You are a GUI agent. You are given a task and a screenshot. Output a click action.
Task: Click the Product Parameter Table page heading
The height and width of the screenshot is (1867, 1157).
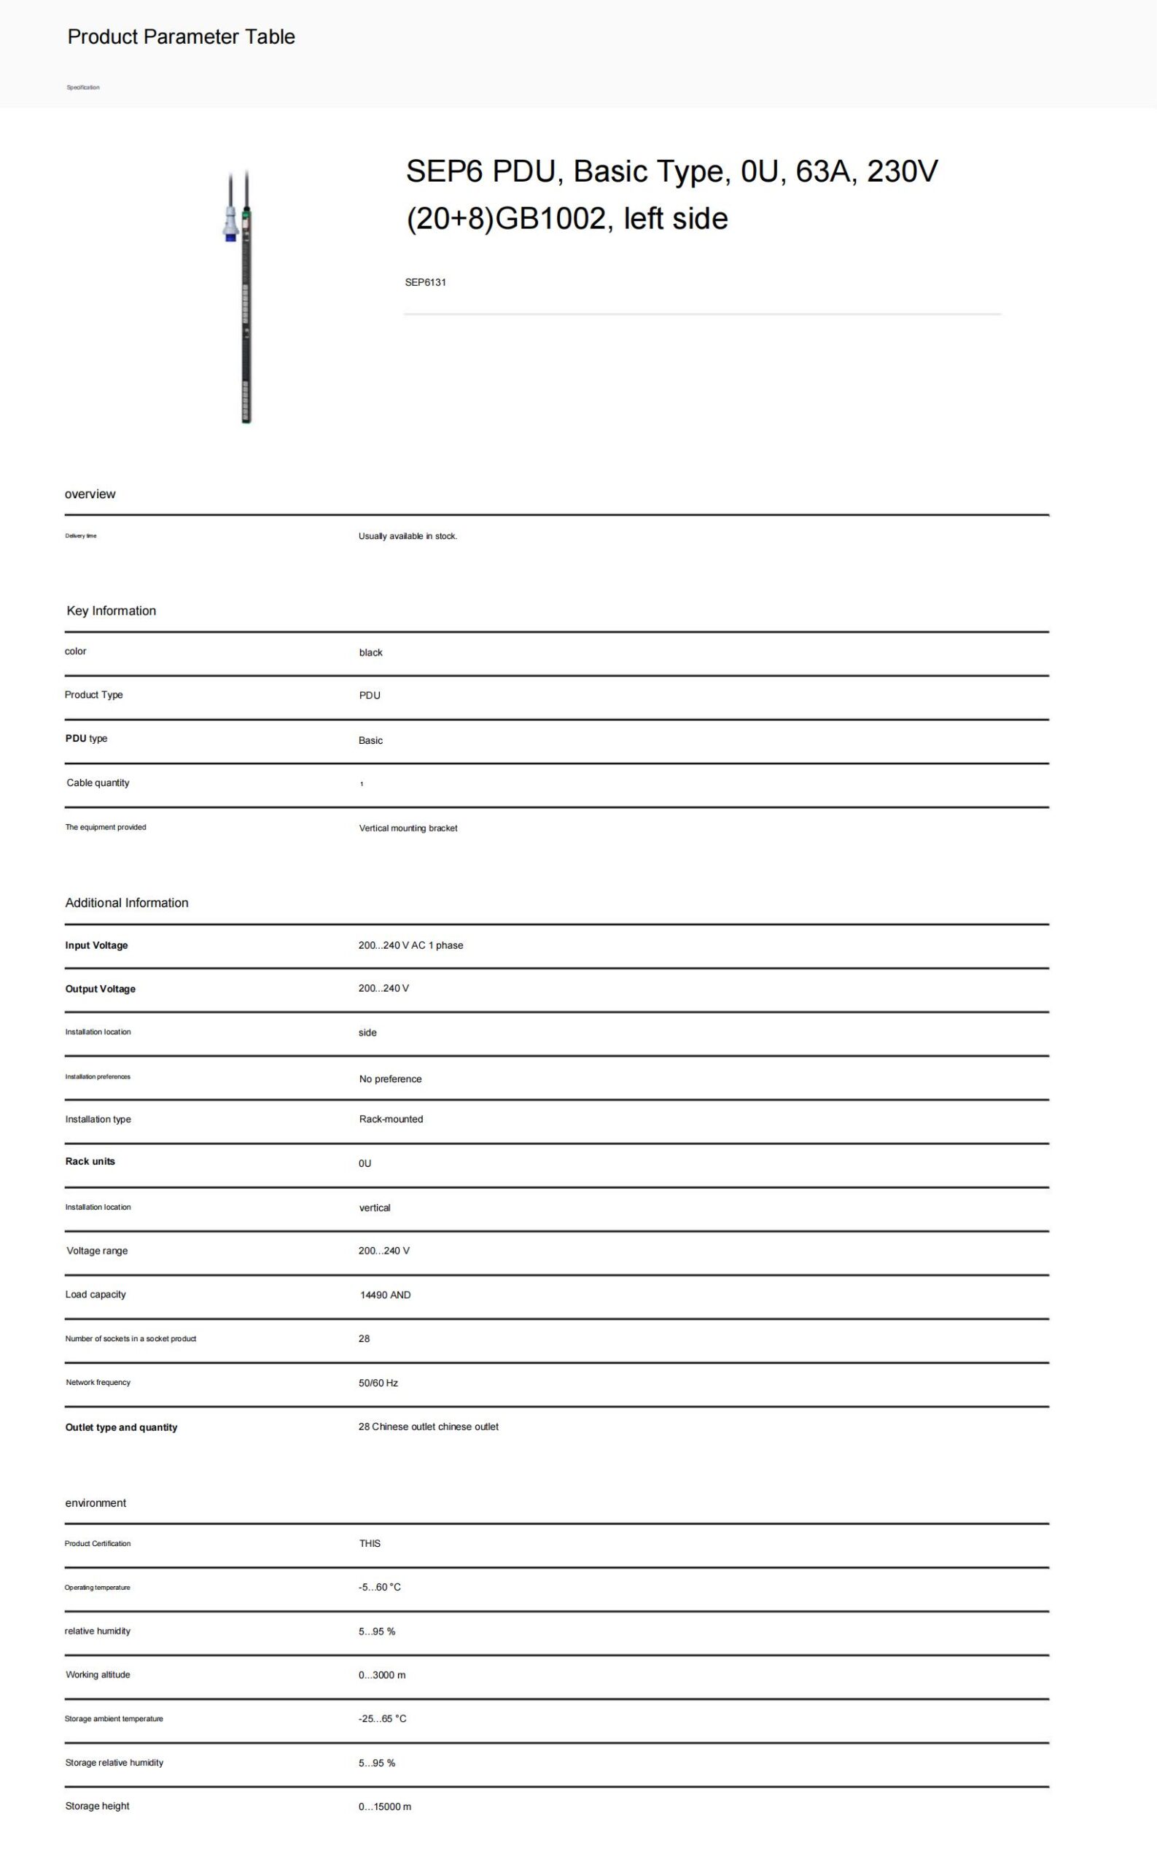click(x=182, y=36)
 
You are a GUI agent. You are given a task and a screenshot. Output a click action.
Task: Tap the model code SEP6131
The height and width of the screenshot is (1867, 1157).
click(x=426, y=282)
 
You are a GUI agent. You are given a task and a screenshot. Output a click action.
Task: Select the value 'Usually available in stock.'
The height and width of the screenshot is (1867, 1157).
click(x=408, y=536)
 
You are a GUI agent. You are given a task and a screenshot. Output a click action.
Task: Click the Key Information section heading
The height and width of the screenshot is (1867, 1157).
click(x=111, y=611)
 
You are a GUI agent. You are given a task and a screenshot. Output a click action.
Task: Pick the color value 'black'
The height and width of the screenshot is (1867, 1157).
click(x=370, y=653)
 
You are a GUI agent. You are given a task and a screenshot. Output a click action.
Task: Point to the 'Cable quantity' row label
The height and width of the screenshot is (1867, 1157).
click(x=98, y=783)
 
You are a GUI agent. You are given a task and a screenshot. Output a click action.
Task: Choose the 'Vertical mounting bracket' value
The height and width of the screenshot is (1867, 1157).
click(x=408, y=828)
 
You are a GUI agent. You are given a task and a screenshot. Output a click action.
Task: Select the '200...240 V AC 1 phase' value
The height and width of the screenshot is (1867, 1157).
click(x=410, y=945)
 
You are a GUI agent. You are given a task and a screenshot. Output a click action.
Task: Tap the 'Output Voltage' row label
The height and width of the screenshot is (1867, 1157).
click(x=100, y=989)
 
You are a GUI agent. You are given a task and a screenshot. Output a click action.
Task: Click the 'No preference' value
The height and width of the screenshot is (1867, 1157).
click(x=390, y=1079)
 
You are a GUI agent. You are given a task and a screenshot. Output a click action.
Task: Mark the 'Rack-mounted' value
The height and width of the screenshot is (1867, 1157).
click(x=391, y=1119)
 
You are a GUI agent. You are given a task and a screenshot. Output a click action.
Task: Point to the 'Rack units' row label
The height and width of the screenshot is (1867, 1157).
click(x=90, y=1161)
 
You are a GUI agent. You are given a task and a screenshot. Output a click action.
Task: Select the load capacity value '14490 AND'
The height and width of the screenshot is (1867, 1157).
click(x=385, y=1295)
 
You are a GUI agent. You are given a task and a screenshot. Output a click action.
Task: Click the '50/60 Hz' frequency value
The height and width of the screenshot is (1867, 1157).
click(x=378, y=1383)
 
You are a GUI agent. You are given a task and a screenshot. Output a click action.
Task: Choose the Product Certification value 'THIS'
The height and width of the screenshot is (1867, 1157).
click(x=370, y=1543)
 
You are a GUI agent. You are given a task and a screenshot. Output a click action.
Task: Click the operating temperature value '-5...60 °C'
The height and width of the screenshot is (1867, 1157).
click(x=379, y=1587)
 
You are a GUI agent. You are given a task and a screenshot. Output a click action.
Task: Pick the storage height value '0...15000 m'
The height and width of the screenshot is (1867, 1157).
click(x=384, y=1806)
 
